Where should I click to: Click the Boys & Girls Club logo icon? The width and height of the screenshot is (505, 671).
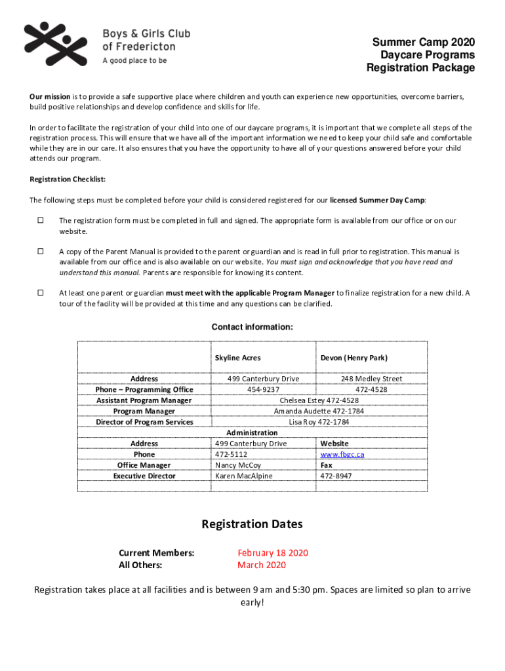[x=55, y=44]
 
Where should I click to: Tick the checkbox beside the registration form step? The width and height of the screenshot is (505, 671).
[x=40, y=220]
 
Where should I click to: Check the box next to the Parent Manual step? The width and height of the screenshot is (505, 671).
[x=40, y=251]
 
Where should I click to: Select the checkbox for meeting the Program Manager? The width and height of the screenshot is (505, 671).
[x=40, y=292]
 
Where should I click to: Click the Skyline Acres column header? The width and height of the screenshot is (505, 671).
[x=237, y=358]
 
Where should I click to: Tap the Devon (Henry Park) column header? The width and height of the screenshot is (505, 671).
[x=353, y=358]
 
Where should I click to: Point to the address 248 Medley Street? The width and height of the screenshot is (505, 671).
[x=371, y=379]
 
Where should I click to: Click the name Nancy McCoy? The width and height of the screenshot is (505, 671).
[x=237, y=465]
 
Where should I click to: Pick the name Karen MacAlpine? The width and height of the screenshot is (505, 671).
[x=243, y=476]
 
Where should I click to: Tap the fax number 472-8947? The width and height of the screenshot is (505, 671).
[x=335, y=476]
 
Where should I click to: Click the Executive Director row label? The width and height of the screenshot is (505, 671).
[x=144, y=476]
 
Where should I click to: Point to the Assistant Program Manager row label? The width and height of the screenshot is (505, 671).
[x=144, y=400]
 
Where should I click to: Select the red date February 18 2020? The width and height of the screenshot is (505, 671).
[x=273, y=553]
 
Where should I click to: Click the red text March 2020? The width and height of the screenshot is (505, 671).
[x=262, y=565]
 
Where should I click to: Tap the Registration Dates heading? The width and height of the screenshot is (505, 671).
[x=252, y=524]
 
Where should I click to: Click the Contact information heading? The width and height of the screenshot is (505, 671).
[x=252, y=327]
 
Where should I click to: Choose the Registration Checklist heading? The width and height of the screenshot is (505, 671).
[x=68, y=180]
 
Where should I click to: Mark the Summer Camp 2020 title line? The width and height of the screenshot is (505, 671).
[x=424, y=42]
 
